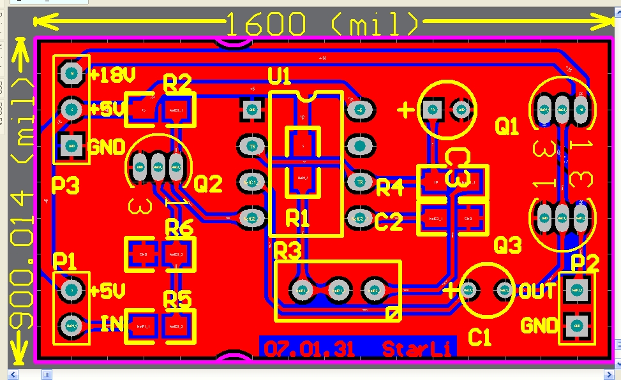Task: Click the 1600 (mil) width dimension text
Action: click(x=322, y=24)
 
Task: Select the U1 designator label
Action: click(x=280, y=78)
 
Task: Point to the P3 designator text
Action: click(x=66, y=186)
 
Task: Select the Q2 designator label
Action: click(x=208, y=185)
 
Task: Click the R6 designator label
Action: click(x=179, y=227)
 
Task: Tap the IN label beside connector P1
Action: click(x=112, y=324)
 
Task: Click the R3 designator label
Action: click(x=287, y=251)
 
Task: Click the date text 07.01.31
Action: click(x=310, y=349)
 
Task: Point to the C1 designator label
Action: click(x=479, y=337)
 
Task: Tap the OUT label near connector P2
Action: click(x=537, y=291)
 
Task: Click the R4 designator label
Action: click(x=389, y=187)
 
